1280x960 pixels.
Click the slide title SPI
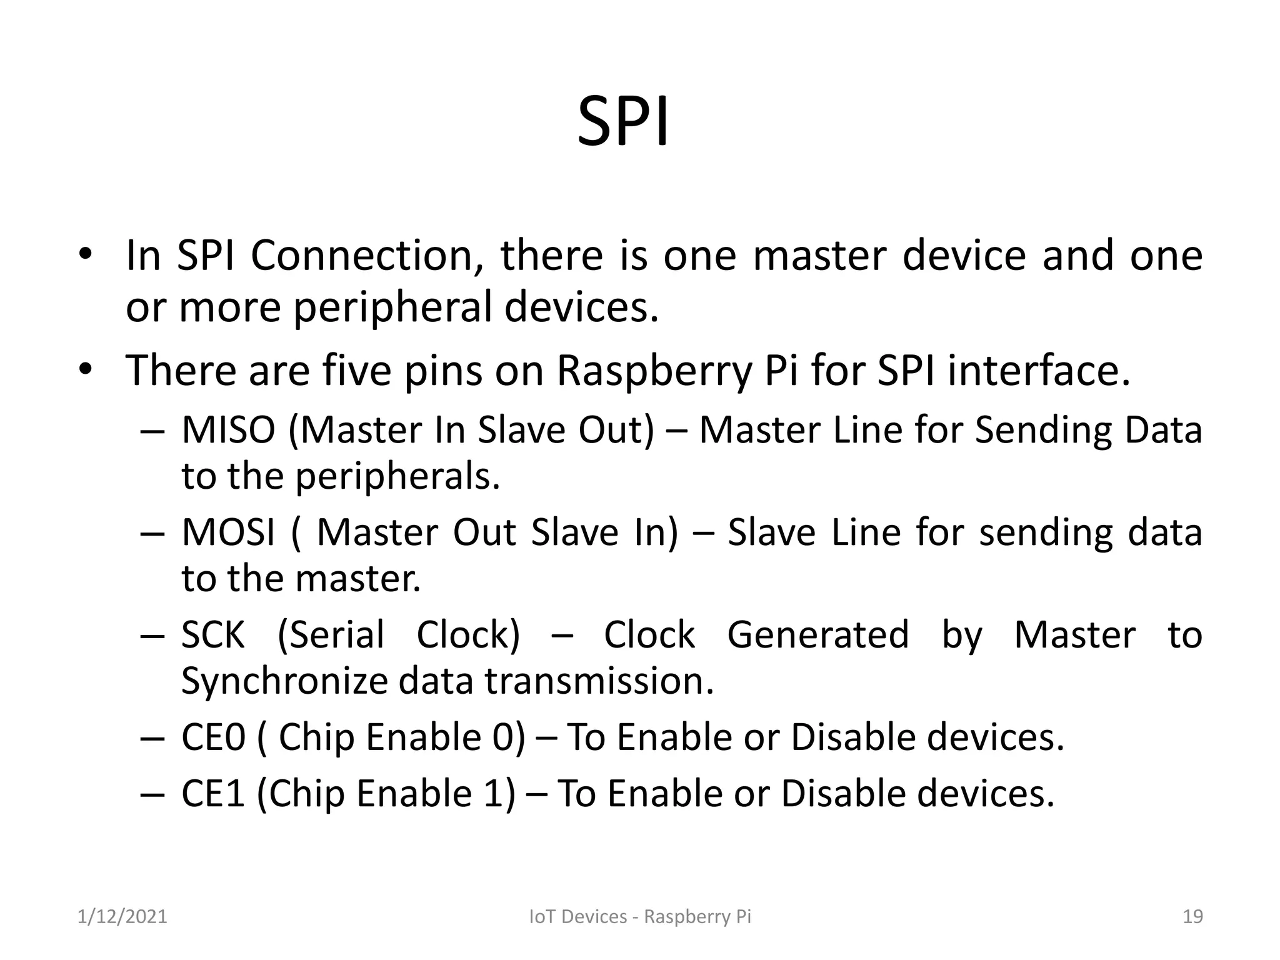coord(623,122)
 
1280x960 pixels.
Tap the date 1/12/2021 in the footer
coord(122,916)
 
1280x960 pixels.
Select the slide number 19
coord(1192,916)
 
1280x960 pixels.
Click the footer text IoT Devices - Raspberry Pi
coord(640,916)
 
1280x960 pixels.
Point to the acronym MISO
coord(228,431)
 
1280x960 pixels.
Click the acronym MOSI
coord(228,533)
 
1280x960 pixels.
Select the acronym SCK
coord(212,635)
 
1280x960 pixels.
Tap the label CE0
coord(213,737)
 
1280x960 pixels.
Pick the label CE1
coord(212,794)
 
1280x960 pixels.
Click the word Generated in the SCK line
coord(817,635)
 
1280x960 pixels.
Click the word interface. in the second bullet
coord(1039,371)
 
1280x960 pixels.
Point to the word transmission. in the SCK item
coord(599,681)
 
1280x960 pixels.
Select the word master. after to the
coord(357,579)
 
